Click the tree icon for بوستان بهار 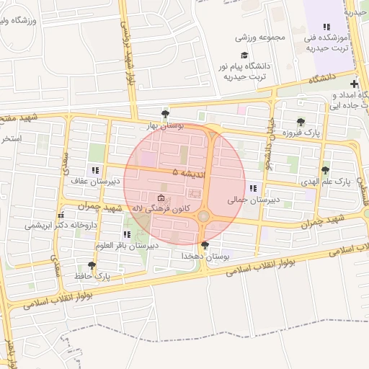pyautogui.click(x=166, y=114)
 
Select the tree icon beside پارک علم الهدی pyautogui.click(x=326, y=171)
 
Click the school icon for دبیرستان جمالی pyautogui.click(x=252, y=189)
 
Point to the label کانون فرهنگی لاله pyautogui.click(x=159, y=208)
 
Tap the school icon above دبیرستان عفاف pyautogui.click(x=96, y=172)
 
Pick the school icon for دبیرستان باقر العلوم pyautogui.click(x=127, y=234)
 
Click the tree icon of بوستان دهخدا pyautogui.click(x=205, y=245)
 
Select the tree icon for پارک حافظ pyautogui.click(x=92, y=265)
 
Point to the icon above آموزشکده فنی pyautogui.click(x=326, y=26)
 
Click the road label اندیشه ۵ pyautogui.click(x=186, y=173)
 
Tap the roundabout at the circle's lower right pyautogui.click(x=204, y=215)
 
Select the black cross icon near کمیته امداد pyautogui.click(x=354, y=84)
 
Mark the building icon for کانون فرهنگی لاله pyautogui.click(x=160, y=198)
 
